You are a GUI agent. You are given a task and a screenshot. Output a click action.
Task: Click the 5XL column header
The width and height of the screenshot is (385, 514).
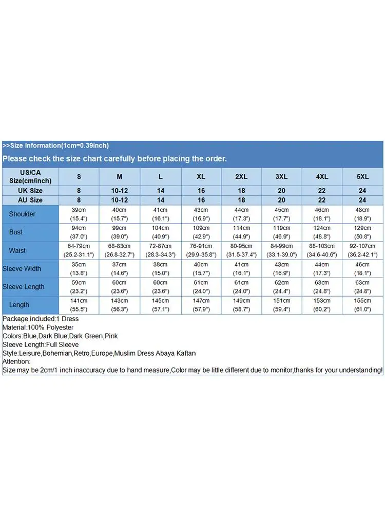(x=362, y=176)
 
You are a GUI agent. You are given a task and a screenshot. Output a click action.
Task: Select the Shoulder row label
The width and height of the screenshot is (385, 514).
(x=22, y=214)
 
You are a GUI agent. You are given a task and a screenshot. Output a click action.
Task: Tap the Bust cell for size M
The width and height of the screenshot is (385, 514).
(x=119, y=232)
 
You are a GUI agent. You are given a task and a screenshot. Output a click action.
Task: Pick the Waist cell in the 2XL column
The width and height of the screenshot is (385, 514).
(x=241, y=250)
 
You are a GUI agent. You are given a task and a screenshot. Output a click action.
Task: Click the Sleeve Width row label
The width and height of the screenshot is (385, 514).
(x=22, y=268)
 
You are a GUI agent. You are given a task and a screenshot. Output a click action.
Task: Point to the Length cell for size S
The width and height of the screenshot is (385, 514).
(x=79, y=305)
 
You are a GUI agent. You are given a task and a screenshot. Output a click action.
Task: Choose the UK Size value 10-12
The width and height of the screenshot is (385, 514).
(x=119, y=191)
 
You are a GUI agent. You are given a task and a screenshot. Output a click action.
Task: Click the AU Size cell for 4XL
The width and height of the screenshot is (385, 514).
(x=322, y=200)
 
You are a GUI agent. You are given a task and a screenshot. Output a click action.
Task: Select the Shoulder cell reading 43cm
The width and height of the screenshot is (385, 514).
(x=201, y=214)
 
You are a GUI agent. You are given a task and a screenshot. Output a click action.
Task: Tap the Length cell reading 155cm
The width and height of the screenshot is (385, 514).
(x=362, y=305)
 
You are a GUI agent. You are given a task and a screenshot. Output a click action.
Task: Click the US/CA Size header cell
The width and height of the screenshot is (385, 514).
(x=30, y=176)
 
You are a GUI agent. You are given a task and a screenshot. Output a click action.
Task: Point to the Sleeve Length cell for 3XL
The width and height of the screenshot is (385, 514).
(x=281, y=287)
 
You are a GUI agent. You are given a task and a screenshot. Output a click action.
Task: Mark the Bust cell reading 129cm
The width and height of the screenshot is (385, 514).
(x=362, y=232)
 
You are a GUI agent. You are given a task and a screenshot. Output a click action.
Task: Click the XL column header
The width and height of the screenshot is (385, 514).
(x=201, y=176)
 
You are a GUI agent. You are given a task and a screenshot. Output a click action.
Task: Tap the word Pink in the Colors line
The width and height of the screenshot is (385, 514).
(x=111, y=336)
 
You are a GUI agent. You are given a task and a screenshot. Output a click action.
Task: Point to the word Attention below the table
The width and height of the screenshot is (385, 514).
(x=16, y=362)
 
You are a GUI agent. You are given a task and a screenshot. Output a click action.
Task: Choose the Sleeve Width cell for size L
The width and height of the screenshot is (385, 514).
(x=160, y=268)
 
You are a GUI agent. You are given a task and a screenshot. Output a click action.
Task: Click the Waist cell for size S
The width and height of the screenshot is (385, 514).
(x=79, y=250)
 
